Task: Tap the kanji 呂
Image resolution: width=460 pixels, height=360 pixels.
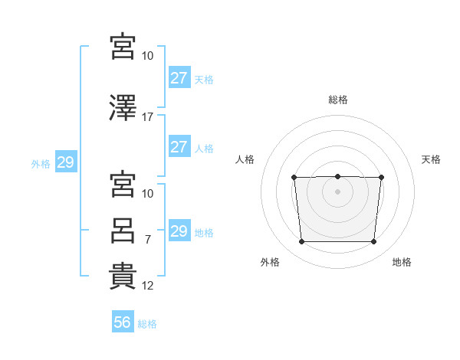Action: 123,230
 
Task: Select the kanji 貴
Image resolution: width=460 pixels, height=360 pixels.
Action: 123,276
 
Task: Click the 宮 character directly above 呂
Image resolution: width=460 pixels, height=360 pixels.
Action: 123,184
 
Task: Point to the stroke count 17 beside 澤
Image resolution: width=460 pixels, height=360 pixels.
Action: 148,117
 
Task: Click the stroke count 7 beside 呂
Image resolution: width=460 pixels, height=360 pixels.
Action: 148,240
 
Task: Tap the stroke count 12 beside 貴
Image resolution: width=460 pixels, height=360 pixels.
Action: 148,286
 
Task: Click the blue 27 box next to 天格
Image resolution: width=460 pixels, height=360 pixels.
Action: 179,78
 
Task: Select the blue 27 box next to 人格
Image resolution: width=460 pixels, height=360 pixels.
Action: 179,147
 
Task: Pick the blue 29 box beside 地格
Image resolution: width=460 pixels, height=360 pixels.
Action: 179,231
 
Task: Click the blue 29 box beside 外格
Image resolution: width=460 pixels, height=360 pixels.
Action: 65,162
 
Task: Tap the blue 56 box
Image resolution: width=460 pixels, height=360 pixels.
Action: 123,322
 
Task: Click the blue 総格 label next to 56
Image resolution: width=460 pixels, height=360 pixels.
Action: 147,324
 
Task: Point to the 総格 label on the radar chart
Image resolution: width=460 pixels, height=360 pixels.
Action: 337,100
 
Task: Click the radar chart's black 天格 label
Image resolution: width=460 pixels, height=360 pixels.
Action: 431,159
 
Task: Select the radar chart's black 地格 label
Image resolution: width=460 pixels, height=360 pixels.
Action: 402,262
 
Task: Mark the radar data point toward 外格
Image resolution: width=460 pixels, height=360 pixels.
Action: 301,242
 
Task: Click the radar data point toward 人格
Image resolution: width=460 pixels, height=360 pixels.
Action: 294,178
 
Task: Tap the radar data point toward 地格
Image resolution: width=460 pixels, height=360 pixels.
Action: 373,242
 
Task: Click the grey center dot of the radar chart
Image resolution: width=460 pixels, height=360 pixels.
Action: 337,191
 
